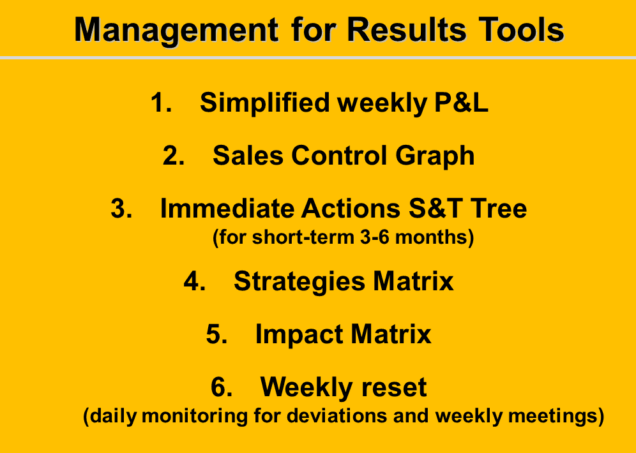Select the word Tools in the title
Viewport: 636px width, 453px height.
[521, 29]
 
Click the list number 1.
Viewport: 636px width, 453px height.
[161, 102]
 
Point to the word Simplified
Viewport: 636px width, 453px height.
[264, 103]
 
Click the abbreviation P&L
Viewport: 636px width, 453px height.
[461, 102]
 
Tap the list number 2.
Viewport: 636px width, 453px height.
[174, 155]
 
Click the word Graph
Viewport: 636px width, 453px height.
[435, 156]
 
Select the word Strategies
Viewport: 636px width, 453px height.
[299, 282]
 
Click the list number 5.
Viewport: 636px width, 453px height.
[216, 334]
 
